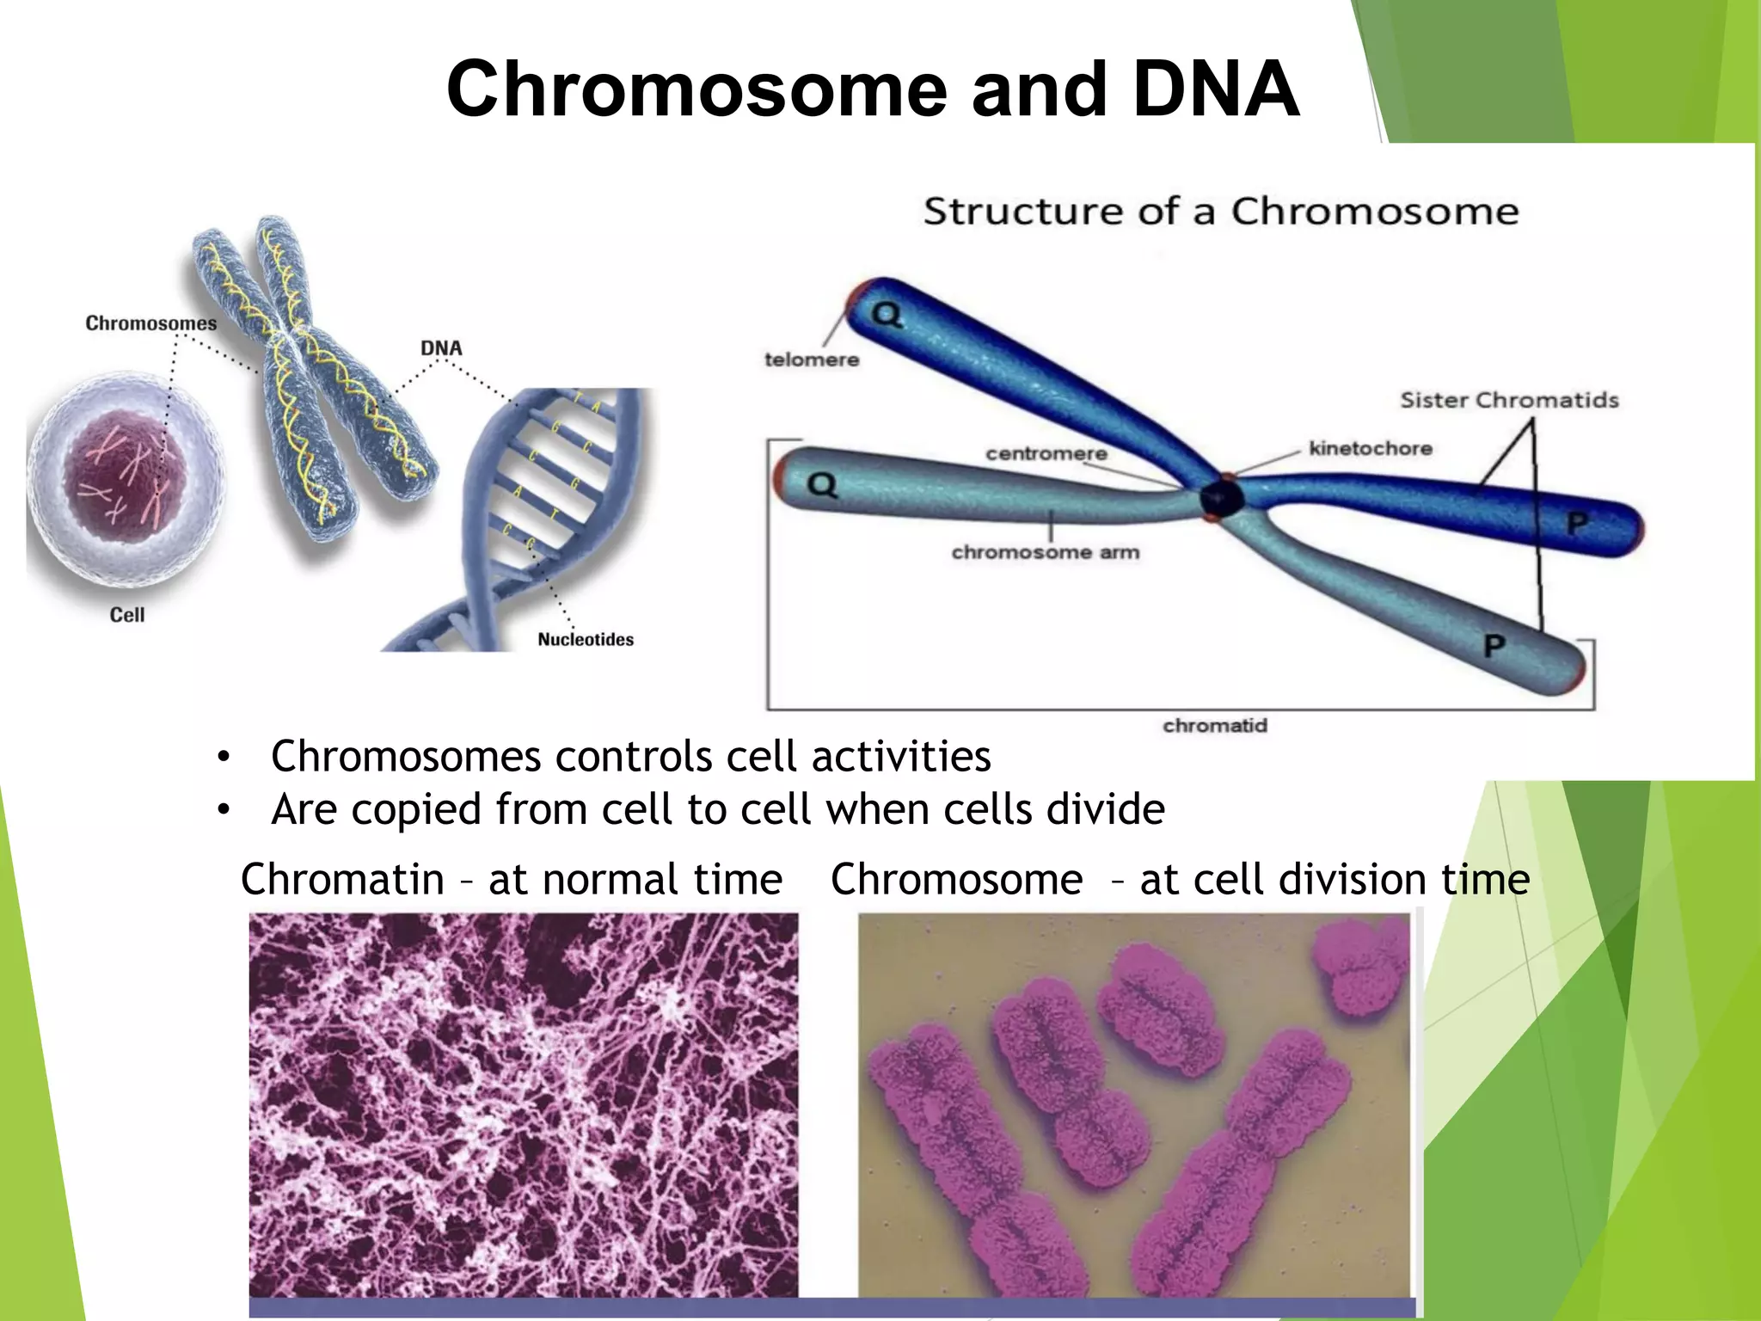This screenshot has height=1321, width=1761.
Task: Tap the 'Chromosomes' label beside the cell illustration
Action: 150,323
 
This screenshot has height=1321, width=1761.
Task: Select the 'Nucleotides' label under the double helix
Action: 586,639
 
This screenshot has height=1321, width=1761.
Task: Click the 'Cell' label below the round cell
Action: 127,615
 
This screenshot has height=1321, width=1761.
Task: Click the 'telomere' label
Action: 812,359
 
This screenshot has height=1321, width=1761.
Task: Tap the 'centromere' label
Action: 1046,453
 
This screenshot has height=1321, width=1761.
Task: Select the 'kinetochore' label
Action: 1371,448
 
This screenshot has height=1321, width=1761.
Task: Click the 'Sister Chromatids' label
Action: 1509,400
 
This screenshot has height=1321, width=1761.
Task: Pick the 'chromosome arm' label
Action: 1046,552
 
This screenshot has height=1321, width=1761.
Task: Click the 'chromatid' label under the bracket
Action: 1215,726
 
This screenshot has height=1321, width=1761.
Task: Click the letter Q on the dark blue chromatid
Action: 887,316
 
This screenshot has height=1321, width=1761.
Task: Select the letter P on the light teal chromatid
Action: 1494,646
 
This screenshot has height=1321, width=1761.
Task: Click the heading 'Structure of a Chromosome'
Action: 1221,211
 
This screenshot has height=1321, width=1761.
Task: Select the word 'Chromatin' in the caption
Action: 342,880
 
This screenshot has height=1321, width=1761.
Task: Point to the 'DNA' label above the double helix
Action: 441,348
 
